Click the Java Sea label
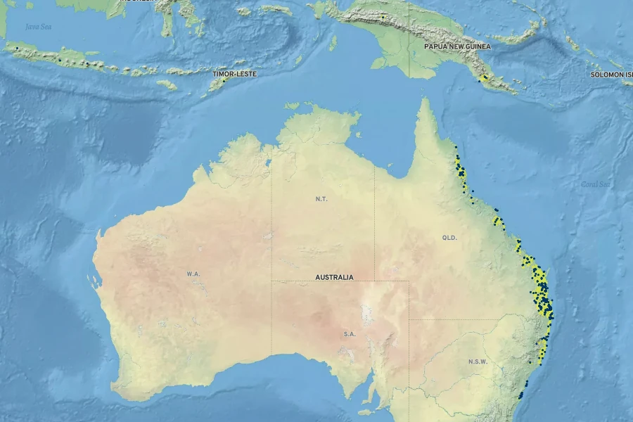click(38, 27)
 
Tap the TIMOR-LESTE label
click(234, 74)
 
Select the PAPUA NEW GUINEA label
click(457, 46)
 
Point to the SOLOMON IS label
click(610, 75)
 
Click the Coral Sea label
click(595, 184)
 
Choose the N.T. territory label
click(321, 199)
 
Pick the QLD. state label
click(449, 238)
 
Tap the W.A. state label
click(193, 273)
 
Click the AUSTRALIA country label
click(334, 277)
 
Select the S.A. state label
click(350, 334)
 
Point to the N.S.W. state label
click(477, 362)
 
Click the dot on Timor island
click(224, 80)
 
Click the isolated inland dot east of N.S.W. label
click(530, 362)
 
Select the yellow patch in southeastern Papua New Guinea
click(485, 79)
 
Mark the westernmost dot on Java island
click(17, 48)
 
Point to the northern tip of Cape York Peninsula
click(424, 100)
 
